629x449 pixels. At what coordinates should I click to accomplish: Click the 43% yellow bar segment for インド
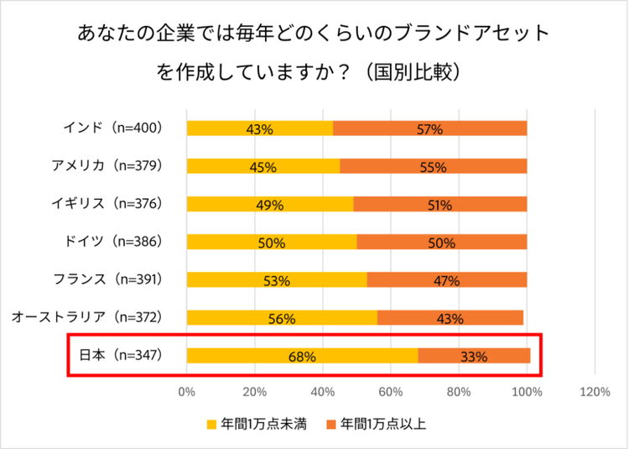click(x=260, y=128)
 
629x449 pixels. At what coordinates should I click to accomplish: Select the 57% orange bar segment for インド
click(x=429, y=128)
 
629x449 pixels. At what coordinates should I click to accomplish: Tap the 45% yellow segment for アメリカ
click(x=263, y=166)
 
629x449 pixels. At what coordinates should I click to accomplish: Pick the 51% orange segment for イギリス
click(x=439, y=204)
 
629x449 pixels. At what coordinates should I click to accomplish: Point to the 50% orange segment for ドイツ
click(x=441, y=243)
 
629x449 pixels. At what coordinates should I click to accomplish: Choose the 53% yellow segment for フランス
click(x=277, y=280)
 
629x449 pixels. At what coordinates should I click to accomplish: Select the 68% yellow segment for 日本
click(x=302, y=356)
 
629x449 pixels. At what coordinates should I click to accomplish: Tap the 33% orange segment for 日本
click(x=474, y=356)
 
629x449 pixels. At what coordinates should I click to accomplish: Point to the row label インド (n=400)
click(x=112, y=128)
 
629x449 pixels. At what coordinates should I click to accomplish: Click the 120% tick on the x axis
click(x=595, y=391)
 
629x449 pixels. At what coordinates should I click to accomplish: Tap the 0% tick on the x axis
click(x=186, y=391)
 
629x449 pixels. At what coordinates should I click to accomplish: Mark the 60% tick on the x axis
click(x=391, y=391)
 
